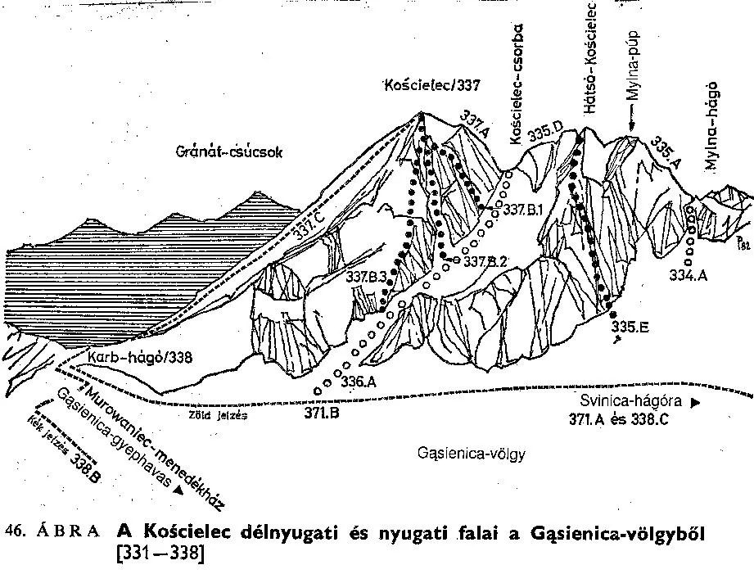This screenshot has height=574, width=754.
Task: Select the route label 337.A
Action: tap(476, 123)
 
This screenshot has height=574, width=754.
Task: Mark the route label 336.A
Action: tap(359, 381)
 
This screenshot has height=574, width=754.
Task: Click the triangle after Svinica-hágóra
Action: tap(696, 403)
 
